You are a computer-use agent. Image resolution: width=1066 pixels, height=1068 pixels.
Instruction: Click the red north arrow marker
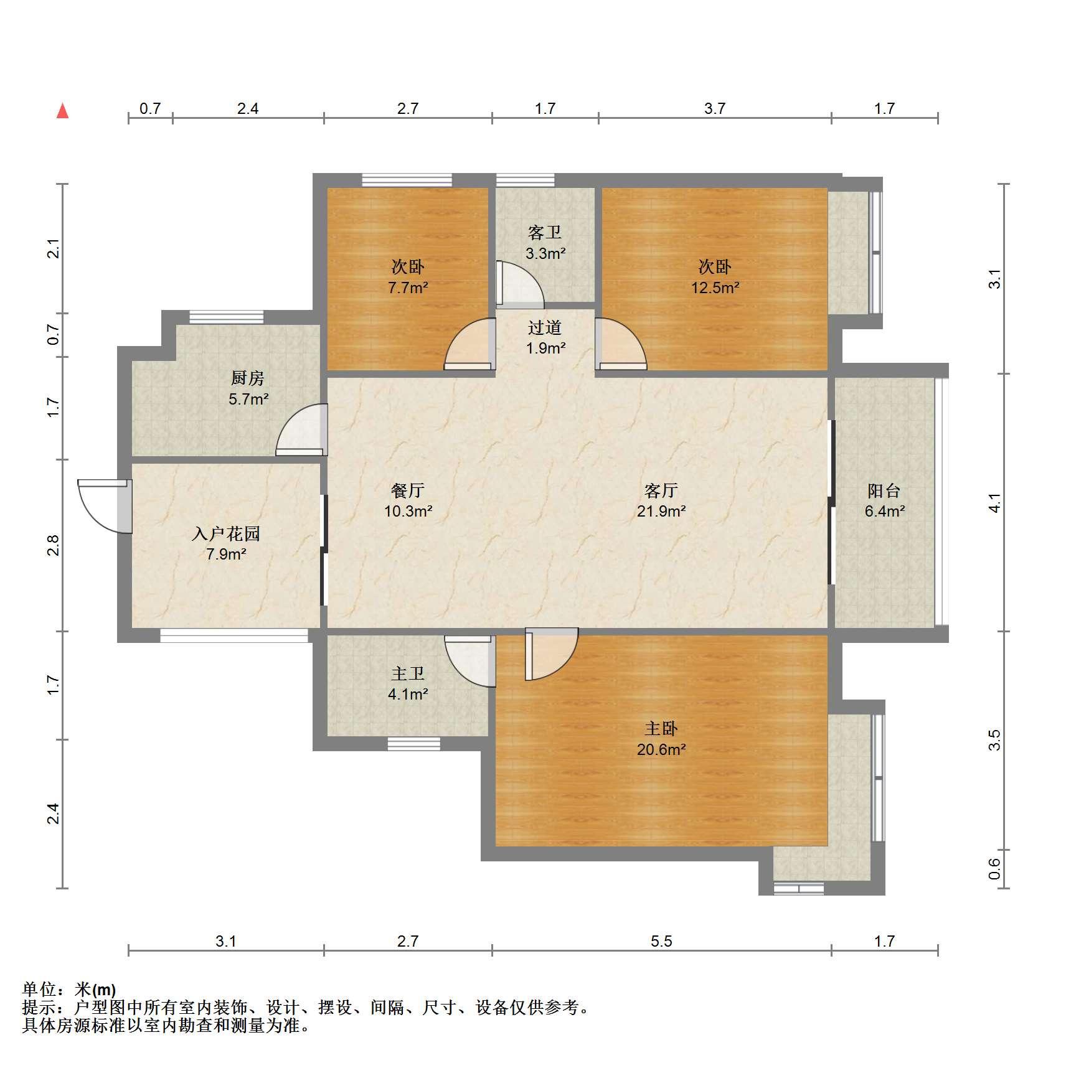pos(62,111)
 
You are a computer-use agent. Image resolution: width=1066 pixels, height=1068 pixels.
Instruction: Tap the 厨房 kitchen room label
pos(247,378)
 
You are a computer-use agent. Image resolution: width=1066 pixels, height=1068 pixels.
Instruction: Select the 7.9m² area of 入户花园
pos(226,553)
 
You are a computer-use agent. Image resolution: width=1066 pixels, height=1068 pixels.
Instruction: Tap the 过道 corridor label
pos(545,327)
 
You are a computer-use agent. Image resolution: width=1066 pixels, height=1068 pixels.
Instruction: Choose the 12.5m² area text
pos(715,288)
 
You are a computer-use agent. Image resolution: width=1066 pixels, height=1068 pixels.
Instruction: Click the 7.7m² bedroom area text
pos(408,288)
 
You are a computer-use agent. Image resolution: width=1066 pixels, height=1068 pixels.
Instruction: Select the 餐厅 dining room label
pos(408,490)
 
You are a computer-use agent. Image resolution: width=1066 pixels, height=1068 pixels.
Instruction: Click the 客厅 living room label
pos(661,490)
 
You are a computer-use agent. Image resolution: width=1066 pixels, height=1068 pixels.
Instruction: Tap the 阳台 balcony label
pos(884,490)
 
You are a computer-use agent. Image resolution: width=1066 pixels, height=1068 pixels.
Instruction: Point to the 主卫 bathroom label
pos(408,673)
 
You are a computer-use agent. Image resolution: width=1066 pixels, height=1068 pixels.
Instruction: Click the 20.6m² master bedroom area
pos(661,749)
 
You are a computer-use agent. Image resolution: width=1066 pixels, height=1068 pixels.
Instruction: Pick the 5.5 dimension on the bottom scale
pos(661,941)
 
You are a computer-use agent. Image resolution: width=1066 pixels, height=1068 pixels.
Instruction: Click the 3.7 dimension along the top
pos(715,108)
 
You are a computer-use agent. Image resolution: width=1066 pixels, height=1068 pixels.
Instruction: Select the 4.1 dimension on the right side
pos(994,503)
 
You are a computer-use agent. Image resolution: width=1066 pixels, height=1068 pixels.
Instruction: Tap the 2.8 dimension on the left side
pos(54,545)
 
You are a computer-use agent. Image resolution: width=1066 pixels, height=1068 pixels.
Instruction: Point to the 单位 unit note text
pos(69,989)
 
